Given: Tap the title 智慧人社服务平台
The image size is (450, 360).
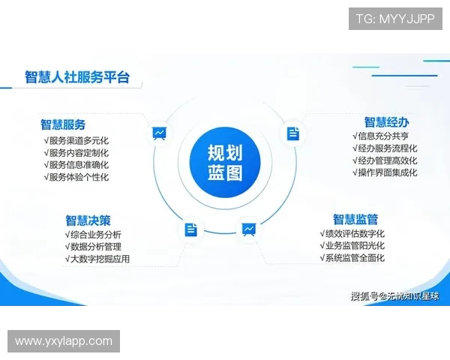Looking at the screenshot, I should tap(76, 76).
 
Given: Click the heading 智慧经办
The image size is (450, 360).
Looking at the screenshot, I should tap(387, 121).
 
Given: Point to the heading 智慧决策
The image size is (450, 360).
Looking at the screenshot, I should tap(88, 220).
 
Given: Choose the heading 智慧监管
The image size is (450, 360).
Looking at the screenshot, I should tap(355, 219).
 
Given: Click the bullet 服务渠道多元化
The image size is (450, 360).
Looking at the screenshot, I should tap(76, 140).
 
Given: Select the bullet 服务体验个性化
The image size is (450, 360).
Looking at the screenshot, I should tap(76, 177).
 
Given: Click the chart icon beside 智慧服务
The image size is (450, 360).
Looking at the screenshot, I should tap(159, 133).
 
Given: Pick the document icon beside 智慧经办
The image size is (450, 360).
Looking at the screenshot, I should tap(292, 133).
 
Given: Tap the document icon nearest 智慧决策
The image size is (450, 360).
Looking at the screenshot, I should tap(191, 229).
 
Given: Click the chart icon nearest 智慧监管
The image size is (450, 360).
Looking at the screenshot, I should tap(248, 229).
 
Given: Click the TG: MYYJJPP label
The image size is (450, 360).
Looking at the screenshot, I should tap(395, 19).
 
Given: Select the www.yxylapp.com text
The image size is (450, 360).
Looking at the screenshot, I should tap(63, 341).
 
